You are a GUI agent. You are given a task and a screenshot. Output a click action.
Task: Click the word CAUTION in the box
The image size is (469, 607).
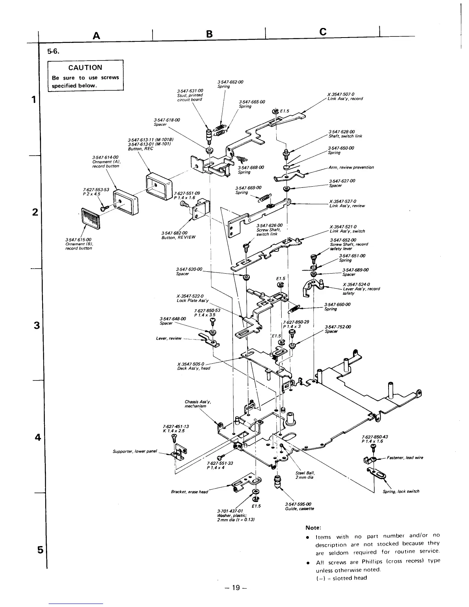point(85,67)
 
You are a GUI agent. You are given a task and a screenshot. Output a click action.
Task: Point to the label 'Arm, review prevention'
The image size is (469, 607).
point(351,167)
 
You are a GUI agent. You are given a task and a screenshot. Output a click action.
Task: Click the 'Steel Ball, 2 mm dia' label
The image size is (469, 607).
point(305,475)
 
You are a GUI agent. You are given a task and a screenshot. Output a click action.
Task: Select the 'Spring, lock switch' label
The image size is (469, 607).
point(401,491)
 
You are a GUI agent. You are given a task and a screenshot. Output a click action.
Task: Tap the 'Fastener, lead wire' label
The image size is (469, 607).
point(405,458)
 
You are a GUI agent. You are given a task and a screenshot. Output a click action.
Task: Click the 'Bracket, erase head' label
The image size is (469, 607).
point(190,492)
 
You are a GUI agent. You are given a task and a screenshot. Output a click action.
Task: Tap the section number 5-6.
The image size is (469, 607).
point(52,52)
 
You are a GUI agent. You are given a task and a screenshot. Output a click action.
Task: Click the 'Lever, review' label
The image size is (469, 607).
point(169,338)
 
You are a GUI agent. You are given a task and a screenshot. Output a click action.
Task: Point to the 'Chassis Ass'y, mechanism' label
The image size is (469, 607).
point(197,404)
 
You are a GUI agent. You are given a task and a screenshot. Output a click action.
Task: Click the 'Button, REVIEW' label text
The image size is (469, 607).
point(179,237)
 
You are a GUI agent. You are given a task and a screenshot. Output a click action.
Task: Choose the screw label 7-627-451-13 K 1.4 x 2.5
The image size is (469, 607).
point(176,428)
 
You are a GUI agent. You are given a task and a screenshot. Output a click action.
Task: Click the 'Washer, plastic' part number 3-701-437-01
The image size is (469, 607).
point(230,511)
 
